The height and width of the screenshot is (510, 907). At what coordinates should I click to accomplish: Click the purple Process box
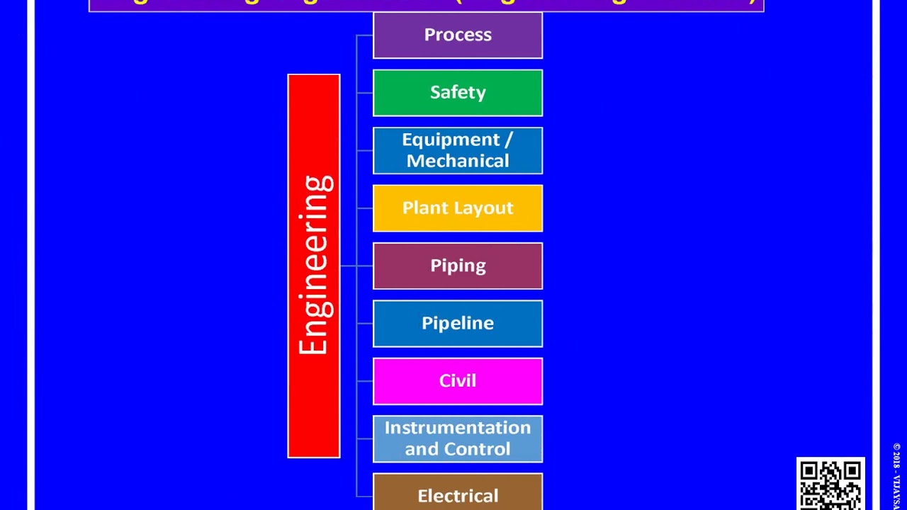[x=458, y=35]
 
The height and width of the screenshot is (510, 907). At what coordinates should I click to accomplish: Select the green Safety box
[x=458, y=93]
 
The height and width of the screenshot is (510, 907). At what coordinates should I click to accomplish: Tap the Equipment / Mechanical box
[x=458, y=150]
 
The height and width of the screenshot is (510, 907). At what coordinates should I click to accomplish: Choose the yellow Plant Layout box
[x=458, y=208]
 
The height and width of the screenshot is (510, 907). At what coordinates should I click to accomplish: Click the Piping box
[x=458, y=266]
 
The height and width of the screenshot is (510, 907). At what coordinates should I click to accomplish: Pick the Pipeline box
[x=458, y=324]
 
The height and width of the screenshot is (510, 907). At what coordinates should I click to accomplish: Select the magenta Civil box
[x=458, y=381]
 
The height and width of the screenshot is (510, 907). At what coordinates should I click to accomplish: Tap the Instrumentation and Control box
[x=458, y=438]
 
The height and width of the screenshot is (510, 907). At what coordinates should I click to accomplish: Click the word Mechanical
[x=458, y=161]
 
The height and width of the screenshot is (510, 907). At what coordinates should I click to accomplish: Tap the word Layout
[x=485, y=208]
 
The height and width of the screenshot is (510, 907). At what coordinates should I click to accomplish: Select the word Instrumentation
[x=458, y=428]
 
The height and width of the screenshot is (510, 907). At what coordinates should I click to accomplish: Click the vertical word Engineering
[x=315, y=266]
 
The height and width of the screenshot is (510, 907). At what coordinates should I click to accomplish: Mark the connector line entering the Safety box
[x=365, y=93]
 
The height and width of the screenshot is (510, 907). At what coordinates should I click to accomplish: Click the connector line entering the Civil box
[x=365, y=381]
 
